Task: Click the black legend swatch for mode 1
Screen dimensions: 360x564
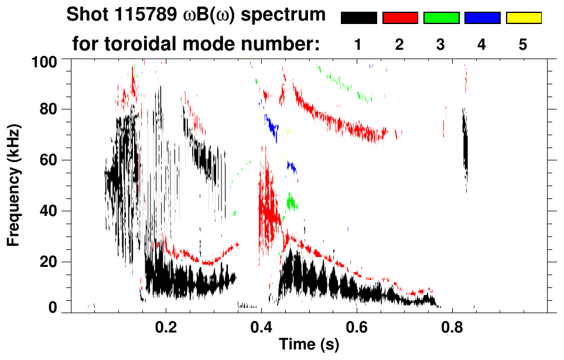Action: tap(358, 18)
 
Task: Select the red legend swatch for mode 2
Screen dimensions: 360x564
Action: tap(400, 18)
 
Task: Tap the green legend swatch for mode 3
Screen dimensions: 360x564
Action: tap(441, 18)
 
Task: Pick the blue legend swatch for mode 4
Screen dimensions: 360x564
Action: tap(482, 18)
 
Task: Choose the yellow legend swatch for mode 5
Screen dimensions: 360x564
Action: tap(524, 18)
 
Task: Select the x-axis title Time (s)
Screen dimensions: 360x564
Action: tap(309, 345)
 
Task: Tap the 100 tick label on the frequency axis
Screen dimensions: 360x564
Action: tap(46, 61)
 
